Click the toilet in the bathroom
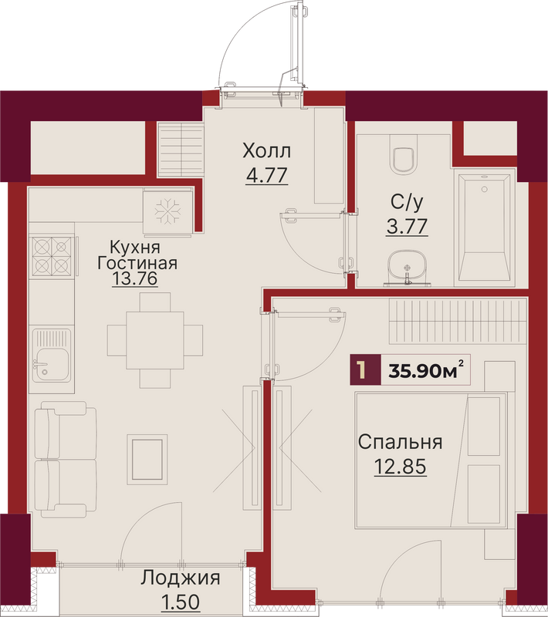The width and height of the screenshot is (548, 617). pyautogui.click(x=404, y=155)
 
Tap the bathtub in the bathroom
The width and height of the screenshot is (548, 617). pyautogui.click(x=485, y=228)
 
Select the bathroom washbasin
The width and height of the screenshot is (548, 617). pyautogui.click(x=407, y=267)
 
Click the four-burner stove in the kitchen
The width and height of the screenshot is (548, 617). pyautogui.click(x=52, y=256)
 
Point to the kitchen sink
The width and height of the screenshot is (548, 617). pyautogui.click(x=52, y=355)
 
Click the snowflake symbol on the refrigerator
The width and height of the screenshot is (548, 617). pyautogui.click(x=167, y=211)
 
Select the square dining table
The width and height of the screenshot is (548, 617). pyautogui.click(x=155, y=340)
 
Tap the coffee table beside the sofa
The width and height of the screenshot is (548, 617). pyautogui.click(x=147, y=459)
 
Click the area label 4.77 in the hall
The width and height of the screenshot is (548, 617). pyautogui.click(x=266, y=176)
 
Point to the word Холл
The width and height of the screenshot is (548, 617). pyautogui.click(x=266, y=150)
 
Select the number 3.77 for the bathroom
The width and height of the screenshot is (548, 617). pyautogui.click(x=407, y=227)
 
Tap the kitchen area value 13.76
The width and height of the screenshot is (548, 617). pyautogui.click(x=134, y=278)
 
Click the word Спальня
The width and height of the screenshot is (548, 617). pyautogui.click(x=400, y=442)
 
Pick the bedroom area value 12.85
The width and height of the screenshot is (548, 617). pyautogui.click(x=400, y=467)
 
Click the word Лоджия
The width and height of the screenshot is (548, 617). pyautogui.click(x=181, y=578)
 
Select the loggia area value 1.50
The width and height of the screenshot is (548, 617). pyautogui.click(x=181, y=602)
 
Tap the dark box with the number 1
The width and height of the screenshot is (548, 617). pyautogui.click(x=365, y=369)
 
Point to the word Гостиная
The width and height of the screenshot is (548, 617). pyautogui.click(x=137, y=263)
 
